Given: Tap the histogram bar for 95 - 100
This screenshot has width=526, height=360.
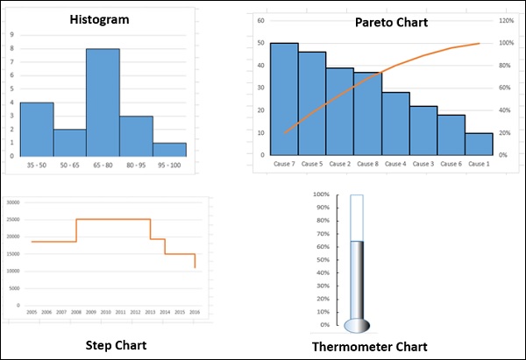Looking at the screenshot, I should pyautogui.click(x=169, y=149).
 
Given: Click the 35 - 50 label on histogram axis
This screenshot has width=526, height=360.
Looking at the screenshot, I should pyautogui.click(x=37, y=164).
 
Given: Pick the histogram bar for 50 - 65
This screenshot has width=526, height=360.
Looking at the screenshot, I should pyautogui.click(x=70, y=142).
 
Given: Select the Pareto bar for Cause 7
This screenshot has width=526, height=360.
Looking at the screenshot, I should pyautogui.click(x=284, y=99).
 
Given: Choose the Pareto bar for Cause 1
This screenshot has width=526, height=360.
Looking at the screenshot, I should pyautogui.click(x=479, y=144).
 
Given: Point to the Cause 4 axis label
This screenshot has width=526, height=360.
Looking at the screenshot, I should pyautogui.click(x=394, y=164).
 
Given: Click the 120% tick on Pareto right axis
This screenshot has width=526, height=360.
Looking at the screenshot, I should pyautogui.click(x=507, y=19).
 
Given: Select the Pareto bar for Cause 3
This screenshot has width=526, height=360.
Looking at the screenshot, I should pyautogui.click(x=423, y=131).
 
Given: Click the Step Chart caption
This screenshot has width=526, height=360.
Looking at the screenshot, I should pyautogui.click(x=115, y=344).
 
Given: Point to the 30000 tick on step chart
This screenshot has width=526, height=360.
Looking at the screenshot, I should pyautogui.click(x=12, y=202).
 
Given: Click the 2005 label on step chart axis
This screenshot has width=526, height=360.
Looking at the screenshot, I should pyautogui.click(x=31, y=312).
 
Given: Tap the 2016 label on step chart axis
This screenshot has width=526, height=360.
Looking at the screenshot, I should pyautogui.click(x=194, y=312).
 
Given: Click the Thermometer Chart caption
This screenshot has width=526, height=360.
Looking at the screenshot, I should pyautogui.click(x=369, y=347).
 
